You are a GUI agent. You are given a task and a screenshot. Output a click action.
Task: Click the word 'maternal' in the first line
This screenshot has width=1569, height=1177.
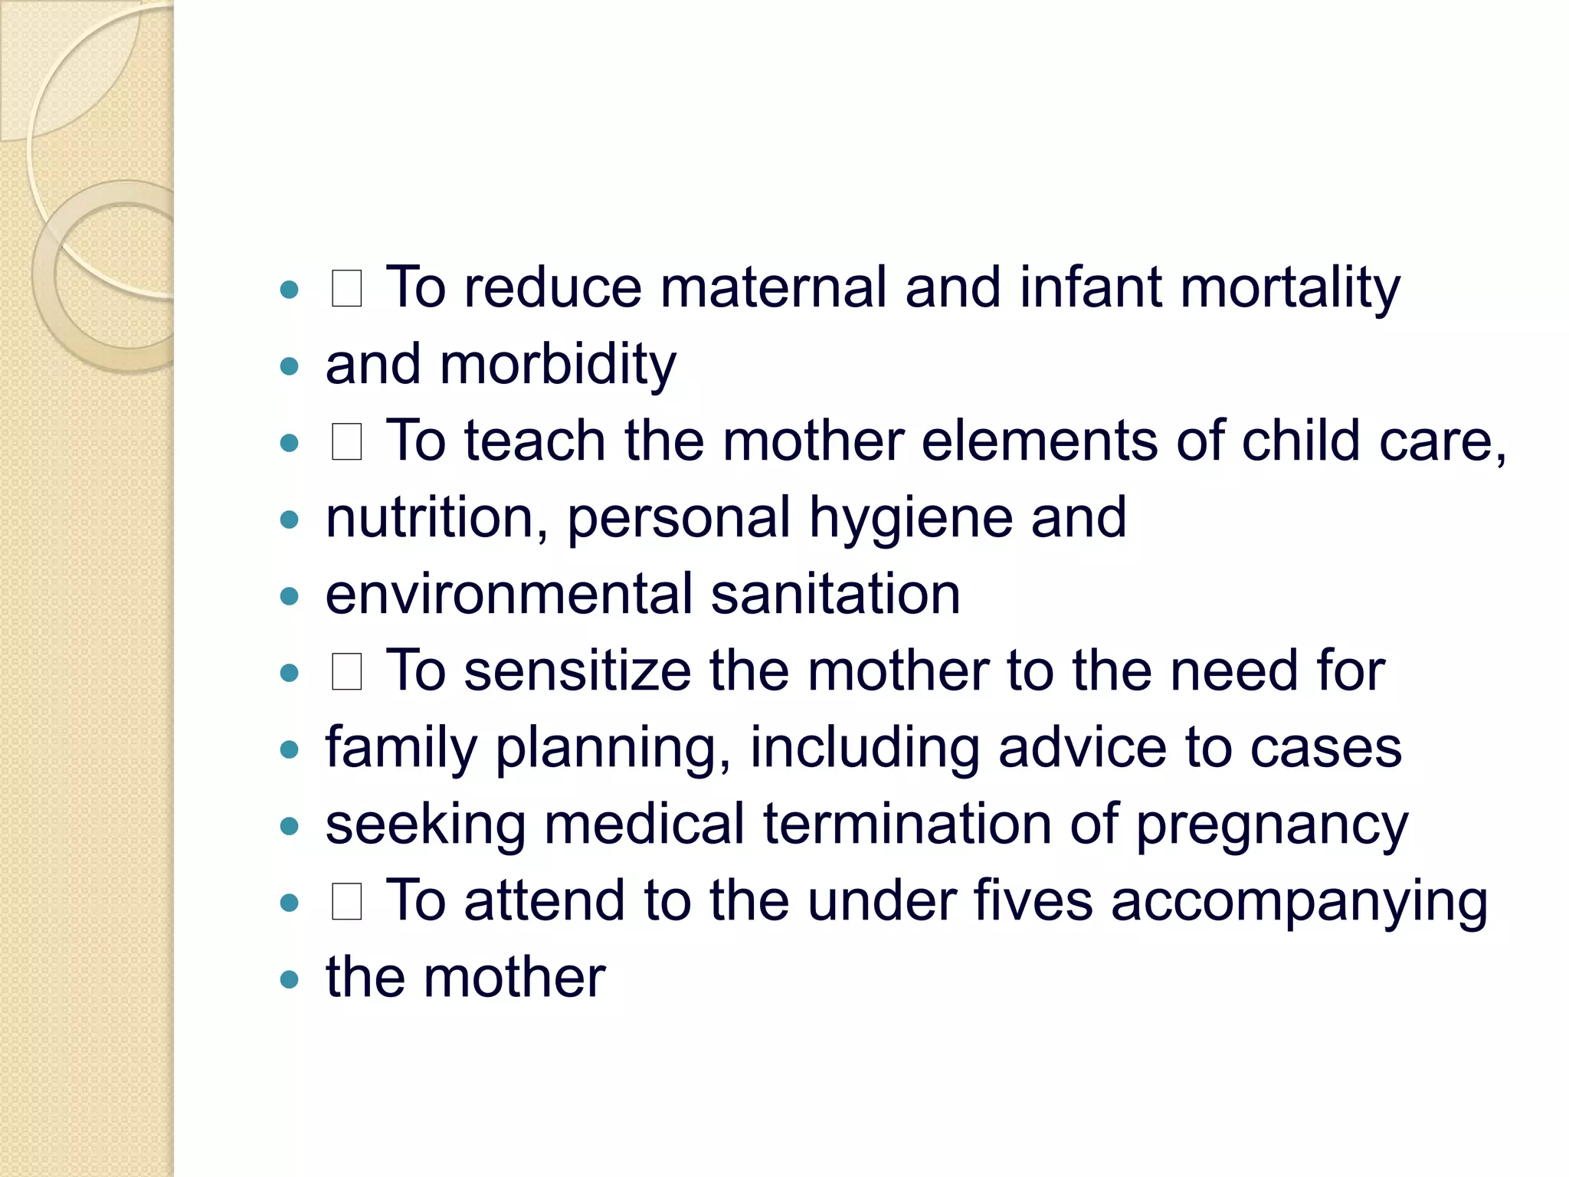pos(772,288)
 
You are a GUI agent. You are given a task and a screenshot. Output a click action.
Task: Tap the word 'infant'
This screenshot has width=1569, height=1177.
pos(1090,288)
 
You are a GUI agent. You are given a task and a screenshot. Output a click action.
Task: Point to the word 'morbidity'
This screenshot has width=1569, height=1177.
pos(558,365)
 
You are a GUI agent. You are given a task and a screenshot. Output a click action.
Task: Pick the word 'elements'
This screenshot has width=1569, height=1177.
pos(1039,441)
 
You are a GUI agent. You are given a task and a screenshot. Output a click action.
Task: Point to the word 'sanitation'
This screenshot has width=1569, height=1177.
pos(835,595)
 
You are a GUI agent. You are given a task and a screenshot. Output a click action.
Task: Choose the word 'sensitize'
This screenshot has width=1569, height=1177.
pos(577,671)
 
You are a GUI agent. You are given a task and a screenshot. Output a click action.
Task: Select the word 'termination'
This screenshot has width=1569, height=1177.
pos(907,825)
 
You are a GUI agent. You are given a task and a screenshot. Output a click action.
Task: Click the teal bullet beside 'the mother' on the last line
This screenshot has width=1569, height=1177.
pos(289,979)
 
